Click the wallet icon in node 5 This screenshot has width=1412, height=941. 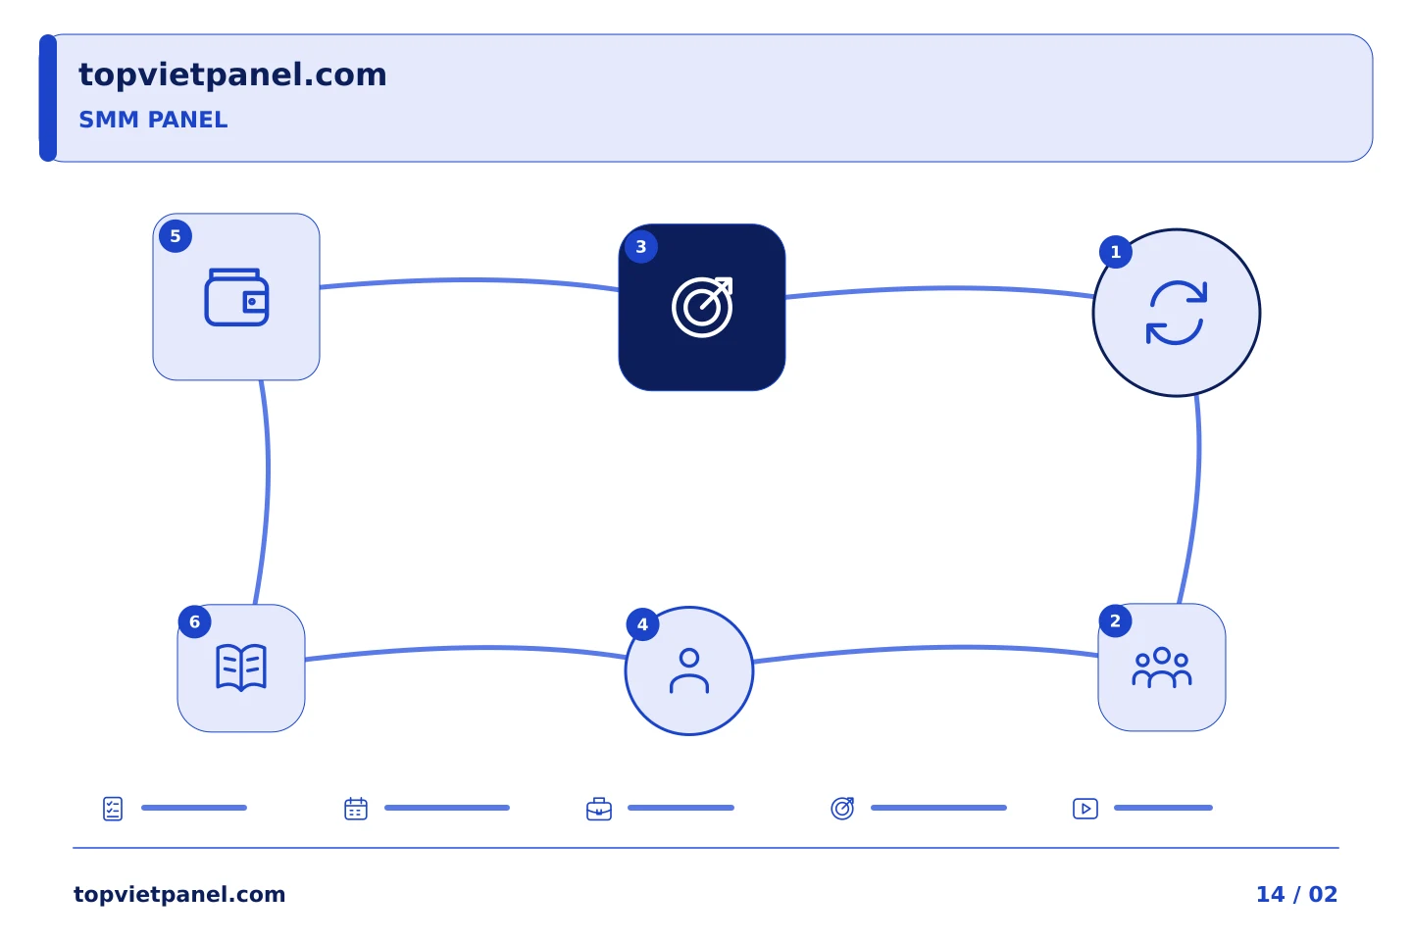point(236,297)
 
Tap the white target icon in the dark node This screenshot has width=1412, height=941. point(702,307)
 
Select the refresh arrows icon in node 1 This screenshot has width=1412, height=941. point(1177,313)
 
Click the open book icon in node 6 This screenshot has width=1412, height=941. point(241,668)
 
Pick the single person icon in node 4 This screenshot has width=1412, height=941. point(689,670)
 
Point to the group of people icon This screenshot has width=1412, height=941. point(1162,668)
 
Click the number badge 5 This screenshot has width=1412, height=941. point(176,236)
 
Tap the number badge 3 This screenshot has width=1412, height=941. point(641,246)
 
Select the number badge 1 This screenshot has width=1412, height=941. point(1116,252)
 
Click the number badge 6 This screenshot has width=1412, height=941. point(195,622)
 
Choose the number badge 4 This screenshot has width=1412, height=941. point(642,624)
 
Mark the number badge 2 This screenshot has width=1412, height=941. point(1115,620)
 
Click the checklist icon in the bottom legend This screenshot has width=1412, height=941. point(113,809)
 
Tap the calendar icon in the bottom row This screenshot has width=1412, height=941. point(356,809)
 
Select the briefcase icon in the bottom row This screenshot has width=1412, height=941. point(599,810)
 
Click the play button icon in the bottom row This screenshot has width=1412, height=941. point(1085,809)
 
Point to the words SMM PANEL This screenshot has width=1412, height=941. point(153,120)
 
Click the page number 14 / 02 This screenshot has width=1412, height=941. point(1296,894)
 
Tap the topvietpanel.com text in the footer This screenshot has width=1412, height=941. point(179,894)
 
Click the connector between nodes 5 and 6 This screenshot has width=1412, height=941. point(268,492)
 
